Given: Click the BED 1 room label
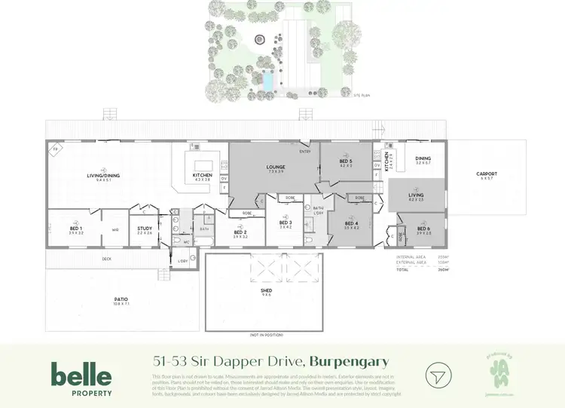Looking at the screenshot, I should pyautogui.click(x=76, y=229).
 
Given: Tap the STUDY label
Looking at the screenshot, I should pyautogui.click(x=145, y=229).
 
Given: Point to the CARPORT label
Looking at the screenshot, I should pyautogui.click(x=487, y=175).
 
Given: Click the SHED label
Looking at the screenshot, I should pyautogui.click(x=266, y=290).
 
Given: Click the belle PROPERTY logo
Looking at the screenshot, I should pyautogui.click(x=81, y=379).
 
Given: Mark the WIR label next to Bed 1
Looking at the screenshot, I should pyautogui.click(x=115, y=230).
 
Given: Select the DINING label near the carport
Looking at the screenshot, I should pyautogui.click(x=423, y=158).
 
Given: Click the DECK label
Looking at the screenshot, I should pyautogui.click(x=107, y=259).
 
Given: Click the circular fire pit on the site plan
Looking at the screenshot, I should pyautogui.click(x=261, y=40).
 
